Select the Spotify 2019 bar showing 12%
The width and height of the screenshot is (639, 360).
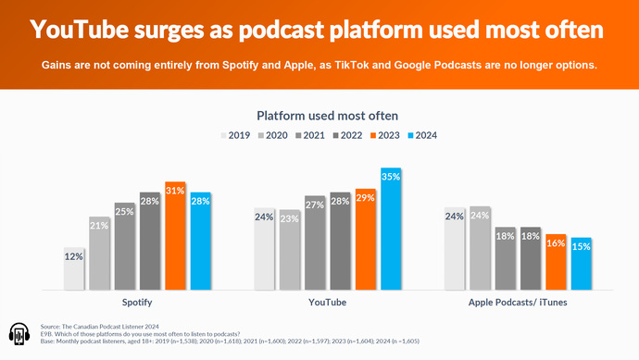(75, 268)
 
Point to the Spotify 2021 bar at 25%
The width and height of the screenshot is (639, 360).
(125, 246)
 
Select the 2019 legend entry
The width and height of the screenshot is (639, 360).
(235, 135)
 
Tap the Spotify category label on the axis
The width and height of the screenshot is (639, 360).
(136, 302)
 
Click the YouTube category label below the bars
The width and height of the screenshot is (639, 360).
(327, 302)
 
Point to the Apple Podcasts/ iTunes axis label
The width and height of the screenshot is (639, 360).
(517, 302)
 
